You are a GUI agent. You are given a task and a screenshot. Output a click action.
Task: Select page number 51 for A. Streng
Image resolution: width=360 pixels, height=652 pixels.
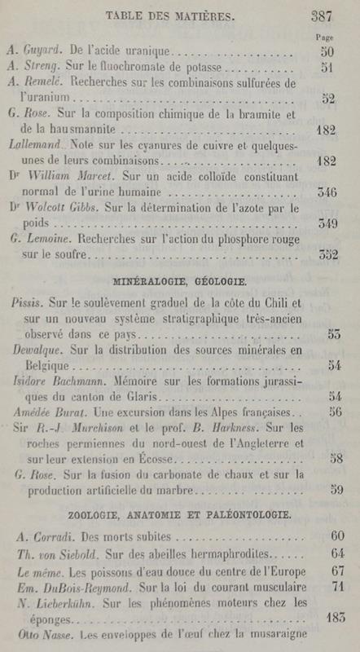[x=329, y=68]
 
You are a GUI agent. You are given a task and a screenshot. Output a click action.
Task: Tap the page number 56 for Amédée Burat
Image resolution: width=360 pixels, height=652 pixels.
[x=331, y=412]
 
